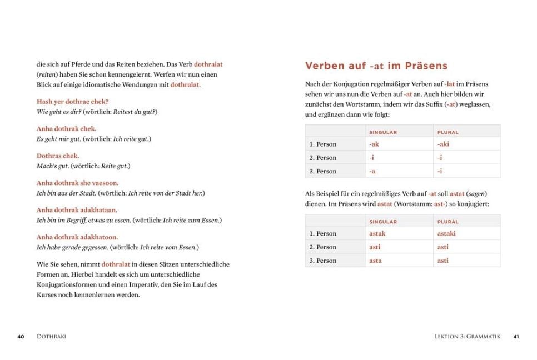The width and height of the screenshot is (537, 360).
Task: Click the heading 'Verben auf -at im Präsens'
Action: (x=376, y=66)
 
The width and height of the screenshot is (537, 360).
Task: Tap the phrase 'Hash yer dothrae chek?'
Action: (x=72, y=102)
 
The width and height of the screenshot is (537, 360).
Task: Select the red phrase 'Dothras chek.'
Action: (x=58, y=156)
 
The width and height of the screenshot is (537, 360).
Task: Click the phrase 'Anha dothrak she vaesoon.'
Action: (x=77, y=183)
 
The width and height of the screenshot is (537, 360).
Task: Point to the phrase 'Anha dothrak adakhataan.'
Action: (x=77, y=210)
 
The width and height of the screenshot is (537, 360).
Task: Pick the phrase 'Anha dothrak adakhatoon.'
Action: (x=77, y=237)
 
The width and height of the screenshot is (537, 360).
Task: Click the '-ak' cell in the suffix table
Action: (x=374, y=144)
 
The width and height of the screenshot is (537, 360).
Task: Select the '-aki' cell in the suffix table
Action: (x=443, y=144)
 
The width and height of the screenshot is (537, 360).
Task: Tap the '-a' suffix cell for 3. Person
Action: (x=372, y=171)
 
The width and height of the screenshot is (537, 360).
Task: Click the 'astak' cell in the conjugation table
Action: (x=377, y=234)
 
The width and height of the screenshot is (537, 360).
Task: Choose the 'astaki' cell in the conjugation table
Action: (x=446, y=234)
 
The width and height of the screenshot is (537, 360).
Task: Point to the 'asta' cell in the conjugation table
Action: (x=375, y=261)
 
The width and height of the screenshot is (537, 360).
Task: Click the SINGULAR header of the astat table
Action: (x=383, y=222)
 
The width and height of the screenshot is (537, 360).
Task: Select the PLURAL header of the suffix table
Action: (x=448, y=132)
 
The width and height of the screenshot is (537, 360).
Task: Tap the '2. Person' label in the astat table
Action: (x=323, y=247)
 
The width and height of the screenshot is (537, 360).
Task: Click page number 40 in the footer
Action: (x=21, y=336)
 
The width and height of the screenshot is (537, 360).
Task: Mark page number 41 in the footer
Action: (x=516, y=336)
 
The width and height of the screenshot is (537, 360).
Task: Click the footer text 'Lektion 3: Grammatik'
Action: (x=468, y=336)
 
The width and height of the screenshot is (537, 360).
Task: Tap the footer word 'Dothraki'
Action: (x=51, y=336)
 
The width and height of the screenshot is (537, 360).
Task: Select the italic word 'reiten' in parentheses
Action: (x=47, y=74)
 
